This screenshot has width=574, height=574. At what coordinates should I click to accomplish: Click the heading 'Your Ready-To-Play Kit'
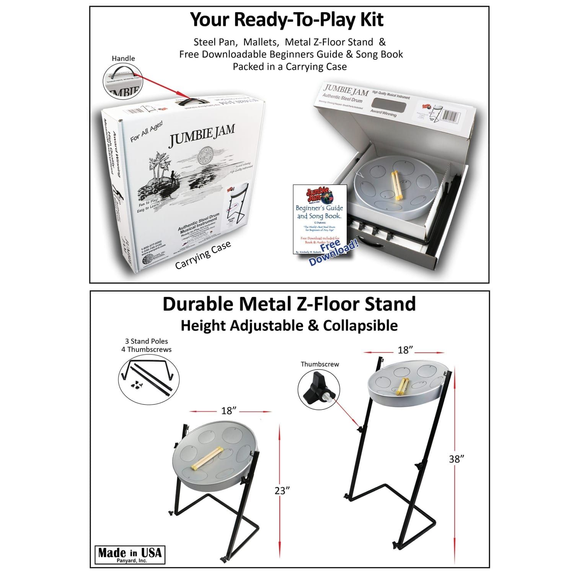(x=287, y=20)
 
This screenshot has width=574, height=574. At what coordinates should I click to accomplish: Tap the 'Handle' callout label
(x=123, y=59)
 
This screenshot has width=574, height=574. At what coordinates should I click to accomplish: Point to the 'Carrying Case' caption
(x=203, y=255)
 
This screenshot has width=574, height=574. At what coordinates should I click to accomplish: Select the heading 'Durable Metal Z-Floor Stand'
(x=289, y=304)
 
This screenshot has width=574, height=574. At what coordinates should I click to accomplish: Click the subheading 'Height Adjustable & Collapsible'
(x=289, y=325)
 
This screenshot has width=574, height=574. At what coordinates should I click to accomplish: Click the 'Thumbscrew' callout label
(x=320, y=364)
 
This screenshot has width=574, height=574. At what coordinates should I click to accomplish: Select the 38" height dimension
(x=457, y=459)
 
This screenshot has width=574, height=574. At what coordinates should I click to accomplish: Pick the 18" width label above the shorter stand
(x=227, y=411)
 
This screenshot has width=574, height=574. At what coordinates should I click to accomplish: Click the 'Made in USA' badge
(x=130, y=554)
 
